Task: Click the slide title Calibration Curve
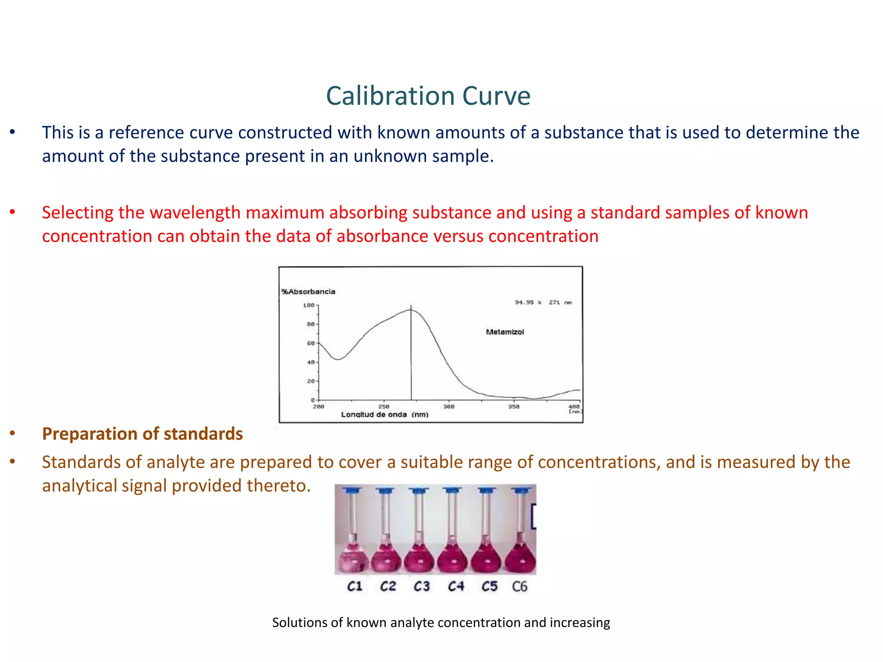pos(428,96)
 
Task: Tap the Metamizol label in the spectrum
pos(505,332)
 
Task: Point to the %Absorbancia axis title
pos(308,292)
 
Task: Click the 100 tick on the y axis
pos(309,306)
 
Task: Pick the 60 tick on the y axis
pos(311,343)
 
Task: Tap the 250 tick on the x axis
pos(384,406)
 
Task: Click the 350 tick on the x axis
pos(514,406)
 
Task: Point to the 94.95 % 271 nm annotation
pos(543,303)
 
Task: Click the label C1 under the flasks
pos(355,586)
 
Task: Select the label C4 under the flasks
pos(456,586)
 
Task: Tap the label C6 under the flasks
pos(520,586)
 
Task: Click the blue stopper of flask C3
pos(419,490)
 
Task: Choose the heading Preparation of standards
pos(142,434)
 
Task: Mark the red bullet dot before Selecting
pos(13,212)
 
